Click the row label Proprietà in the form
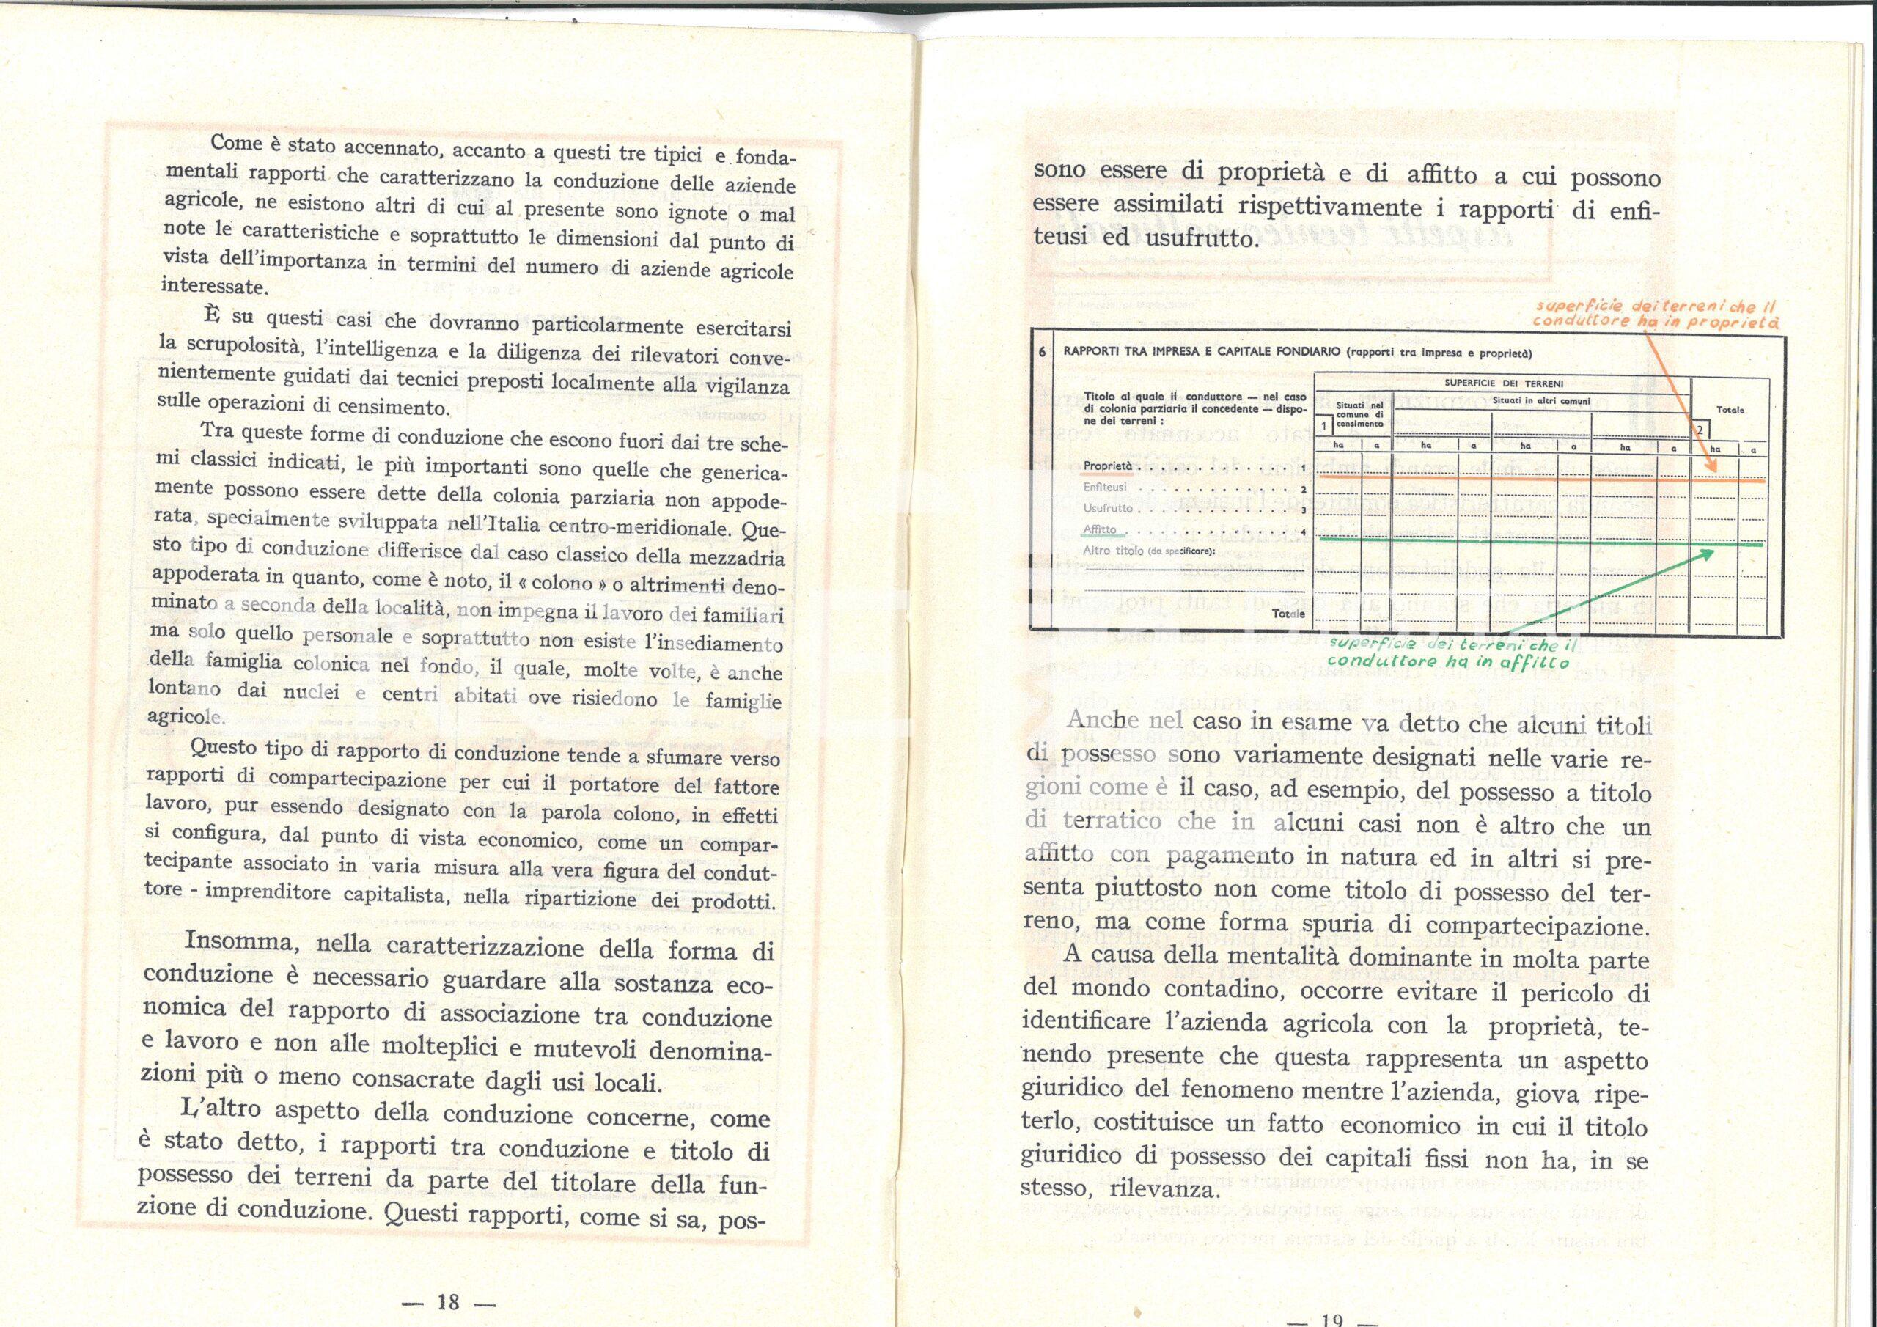1108,467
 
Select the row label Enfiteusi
1105,488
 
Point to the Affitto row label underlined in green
1100,529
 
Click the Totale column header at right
1730,410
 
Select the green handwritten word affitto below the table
1536,662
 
